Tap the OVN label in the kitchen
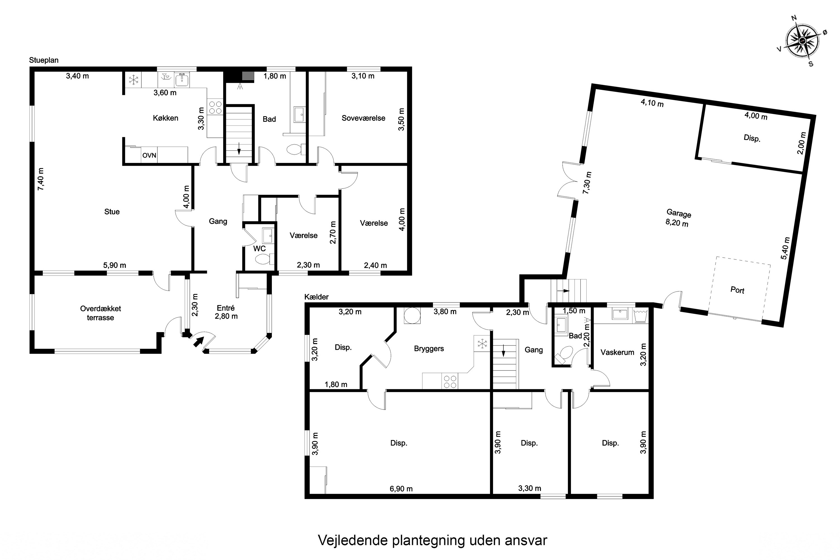pyautogui.click(x=149, y=155)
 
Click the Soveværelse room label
pyautogui.click(x=363, y=118)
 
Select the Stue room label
pyautogui.click(x=112, y=212)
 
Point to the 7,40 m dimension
pyautogui.click(x=41, y=179)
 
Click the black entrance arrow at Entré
pyautogui.click(x=199, y=342)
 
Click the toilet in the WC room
pyautogui.click(x=263, y=259)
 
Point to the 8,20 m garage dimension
pyautogui.click(x=677, y=223)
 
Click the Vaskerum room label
pyautogui.click(x=617, y=353)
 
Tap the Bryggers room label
pyautogui.click(x=429, y=349)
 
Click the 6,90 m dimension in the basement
pyautogui.click(x=401, y=489)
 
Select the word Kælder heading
pyautogui.click(x=316, y=297)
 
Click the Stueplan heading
pyautogui.click(x=44, y=60)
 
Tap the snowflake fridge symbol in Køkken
pyautogui.click(x=134, y=80)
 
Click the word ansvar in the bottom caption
pyautogui.click(x=526, y=540)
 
